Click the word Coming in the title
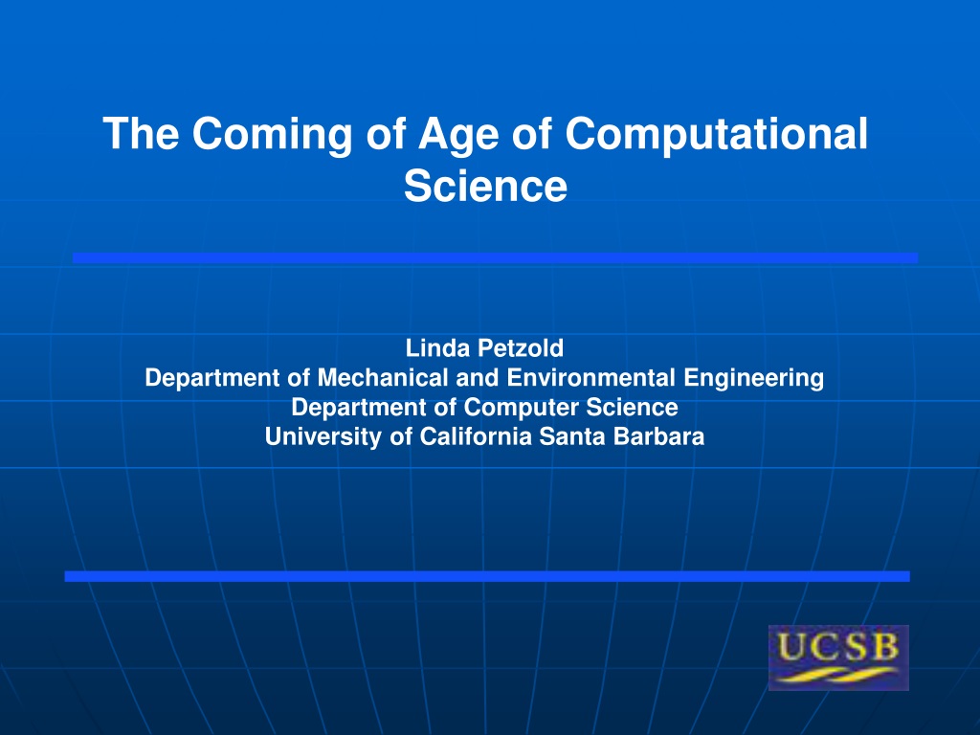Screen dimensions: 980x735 click(272, 135)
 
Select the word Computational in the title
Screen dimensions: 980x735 click(716, 134)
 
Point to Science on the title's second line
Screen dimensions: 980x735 click(485, 186)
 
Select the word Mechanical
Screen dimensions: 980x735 click(383, 377)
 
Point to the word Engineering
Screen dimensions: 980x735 click(754, 379)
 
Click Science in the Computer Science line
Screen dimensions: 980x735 click(632, 407)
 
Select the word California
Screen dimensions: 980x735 click(476, 436)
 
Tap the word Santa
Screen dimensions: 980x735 click(572, 436)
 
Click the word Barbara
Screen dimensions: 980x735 click(658, 436)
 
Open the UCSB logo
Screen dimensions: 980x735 click(838, 657)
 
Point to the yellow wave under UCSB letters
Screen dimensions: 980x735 click(838, 675)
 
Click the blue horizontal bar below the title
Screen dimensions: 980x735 click(495, 257)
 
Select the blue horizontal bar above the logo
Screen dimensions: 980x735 click(487, 576)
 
